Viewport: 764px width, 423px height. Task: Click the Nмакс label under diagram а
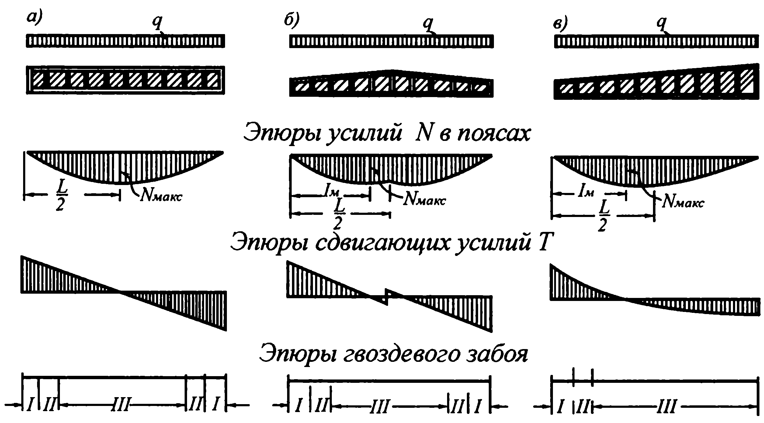pyautogui.click(x=161, y=196)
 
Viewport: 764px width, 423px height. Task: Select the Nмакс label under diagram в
pyautogui.click(x=682, y=202)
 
